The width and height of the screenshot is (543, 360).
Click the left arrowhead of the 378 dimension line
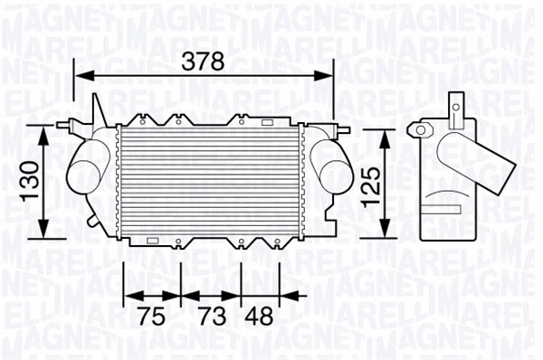(79, 78)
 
